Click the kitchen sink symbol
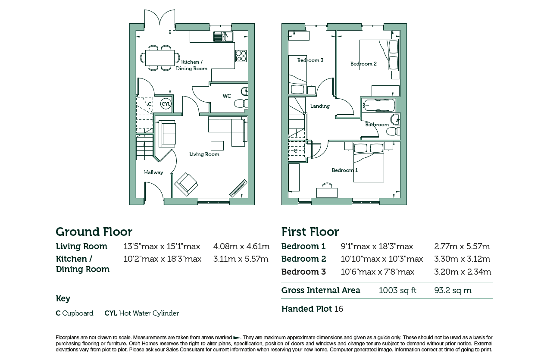223,37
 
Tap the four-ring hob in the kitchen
241,56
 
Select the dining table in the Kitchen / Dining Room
160,58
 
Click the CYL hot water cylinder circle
166,104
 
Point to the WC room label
227,96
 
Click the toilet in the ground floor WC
241,104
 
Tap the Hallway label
153,172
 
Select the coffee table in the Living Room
217,146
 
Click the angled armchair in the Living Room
186,184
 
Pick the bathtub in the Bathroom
379,105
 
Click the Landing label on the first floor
320,106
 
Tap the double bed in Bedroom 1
369,163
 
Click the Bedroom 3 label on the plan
310,60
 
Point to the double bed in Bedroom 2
379,55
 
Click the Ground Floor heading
94,232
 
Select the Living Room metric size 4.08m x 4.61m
241,247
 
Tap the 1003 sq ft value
397,290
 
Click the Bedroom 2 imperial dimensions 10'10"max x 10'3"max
381,259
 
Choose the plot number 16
339,309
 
